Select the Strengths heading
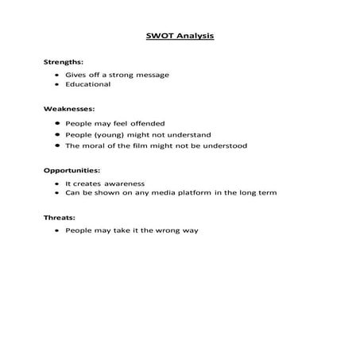tap(63, 61)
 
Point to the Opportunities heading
tap(72, 170)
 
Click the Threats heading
tap(58, 216)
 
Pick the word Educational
tap(88, 84)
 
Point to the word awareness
tap(122, 183)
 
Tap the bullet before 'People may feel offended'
tap(58, 124)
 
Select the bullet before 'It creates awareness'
tap(58, 183)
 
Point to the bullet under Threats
tap(58, 230)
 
